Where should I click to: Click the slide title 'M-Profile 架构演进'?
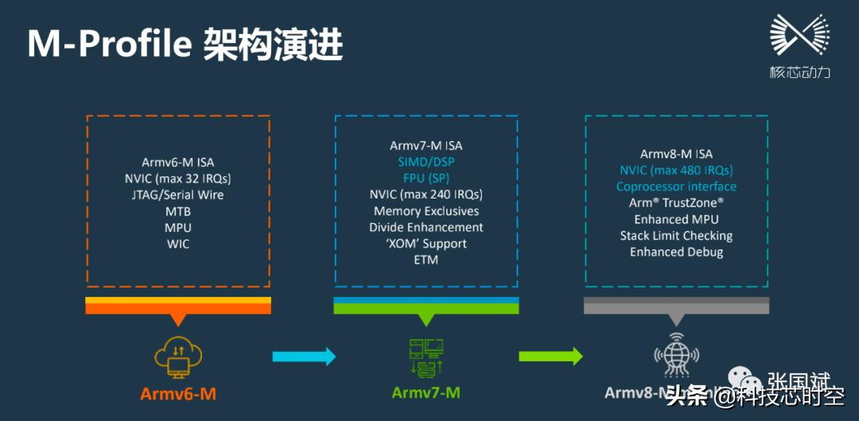click(x=185, y=45)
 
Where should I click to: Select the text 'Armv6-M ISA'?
click(x=178, y=162)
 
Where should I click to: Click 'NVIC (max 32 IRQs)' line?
click(x=178, y=179)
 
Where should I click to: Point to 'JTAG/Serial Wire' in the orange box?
click(x=178, y=195)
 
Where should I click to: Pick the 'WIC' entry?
click(x=178, y=245)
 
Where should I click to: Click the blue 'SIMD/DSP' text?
click(x=426, y=161)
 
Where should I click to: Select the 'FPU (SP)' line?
click(x=426, y=178)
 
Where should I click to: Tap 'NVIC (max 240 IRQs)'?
click(x=426, y=195)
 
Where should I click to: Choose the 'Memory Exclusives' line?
click(x=426, y=211)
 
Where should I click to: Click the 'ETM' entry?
click(x=426, y=260)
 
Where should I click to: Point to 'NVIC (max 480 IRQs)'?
click(x=676, y=170)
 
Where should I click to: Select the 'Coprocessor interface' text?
click(x=676, y=187)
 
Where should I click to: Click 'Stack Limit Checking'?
click(x=676, y=236)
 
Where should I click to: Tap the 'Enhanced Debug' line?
click(x=676, y=252)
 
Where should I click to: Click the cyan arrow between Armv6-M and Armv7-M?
click(x=304, y=357)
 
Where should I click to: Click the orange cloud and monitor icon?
click(x=178, y=357)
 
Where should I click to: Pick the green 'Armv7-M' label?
click(x=426, y=392)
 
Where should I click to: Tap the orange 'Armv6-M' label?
click(x=178, y=394)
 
